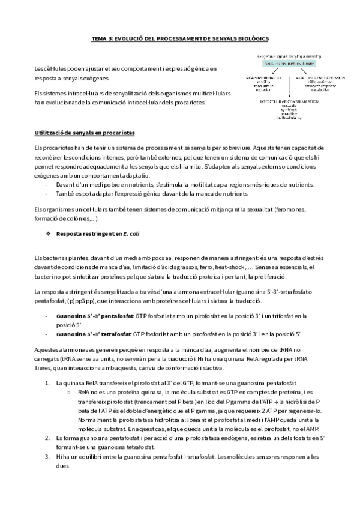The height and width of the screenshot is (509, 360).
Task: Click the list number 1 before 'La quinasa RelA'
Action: pos(48,382)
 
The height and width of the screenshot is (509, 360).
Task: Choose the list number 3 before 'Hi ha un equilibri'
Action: pos(48,457)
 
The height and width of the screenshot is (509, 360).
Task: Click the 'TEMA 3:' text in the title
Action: pos(101,37)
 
